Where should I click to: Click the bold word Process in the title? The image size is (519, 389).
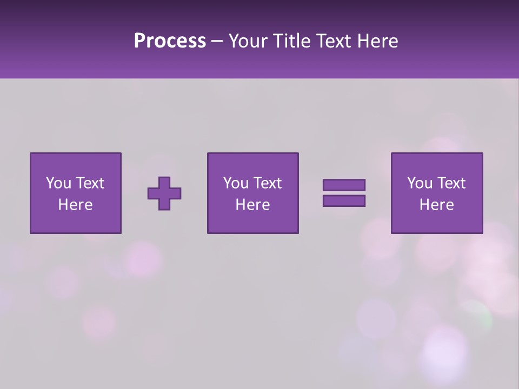pos(170,41)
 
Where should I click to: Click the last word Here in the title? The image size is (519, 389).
pos(377,41)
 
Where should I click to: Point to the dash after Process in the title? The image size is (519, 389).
pos(217,42)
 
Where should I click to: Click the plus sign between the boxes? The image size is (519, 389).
pos(164,193)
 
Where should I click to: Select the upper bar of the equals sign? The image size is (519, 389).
pos(344,185)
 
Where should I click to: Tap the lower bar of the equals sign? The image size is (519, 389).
pos(344,201)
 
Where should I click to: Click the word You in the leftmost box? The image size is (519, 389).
pos(58,183)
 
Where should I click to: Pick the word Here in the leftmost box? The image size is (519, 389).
pos(75,205)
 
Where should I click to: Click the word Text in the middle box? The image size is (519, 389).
pos(267,183)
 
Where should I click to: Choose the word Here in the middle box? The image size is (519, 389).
pos(252,205)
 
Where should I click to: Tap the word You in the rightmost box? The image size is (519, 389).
pos(420,183)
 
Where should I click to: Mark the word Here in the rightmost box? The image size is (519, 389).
pos(436,205)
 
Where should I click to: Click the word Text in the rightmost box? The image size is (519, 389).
pos(451,183)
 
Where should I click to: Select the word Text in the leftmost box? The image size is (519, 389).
pos(90,183)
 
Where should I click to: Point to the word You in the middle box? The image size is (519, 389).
pos(236,183)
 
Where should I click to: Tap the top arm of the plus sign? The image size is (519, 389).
pos(164,182)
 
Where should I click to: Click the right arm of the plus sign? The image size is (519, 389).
pos(176,193)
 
